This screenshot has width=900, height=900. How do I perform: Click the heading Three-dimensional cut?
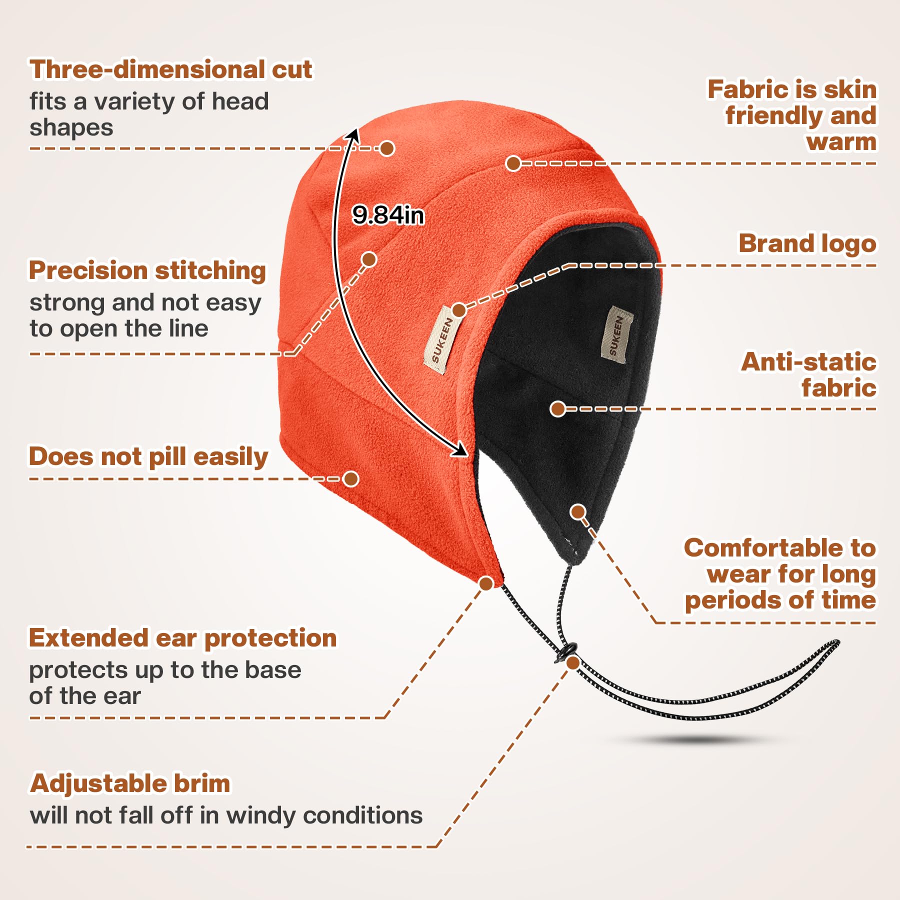[x=170, y=69]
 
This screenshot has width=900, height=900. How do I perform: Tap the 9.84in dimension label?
[x=388, y=215]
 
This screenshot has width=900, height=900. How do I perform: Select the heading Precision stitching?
[x=147, y=270]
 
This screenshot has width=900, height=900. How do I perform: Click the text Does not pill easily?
[x=148, y=456]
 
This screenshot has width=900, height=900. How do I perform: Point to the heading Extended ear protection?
[x=182, y=638]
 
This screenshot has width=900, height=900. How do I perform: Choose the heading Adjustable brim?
[x=130, y=783]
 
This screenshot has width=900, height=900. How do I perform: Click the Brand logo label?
[x=807, y=243]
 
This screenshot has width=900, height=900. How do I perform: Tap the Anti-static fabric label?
[x=808, y=375]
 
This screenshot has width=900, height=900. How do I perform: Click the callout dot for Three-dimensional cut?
[x=387, y=148]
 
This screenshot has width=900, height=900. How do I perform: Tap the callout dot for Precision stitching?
[x=369, y=259]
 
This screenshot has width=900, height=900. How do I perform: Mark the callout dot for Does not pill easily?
[x=351, y=478]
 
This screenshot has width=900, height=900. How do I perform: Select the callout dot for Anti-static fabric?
[x=557, y=408]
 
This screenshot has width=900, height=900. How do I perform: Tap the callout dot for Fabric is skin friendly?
[x=513, y=163]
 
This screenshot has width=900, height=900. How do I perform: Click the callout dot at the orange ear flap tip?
[x=486, y=583]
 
